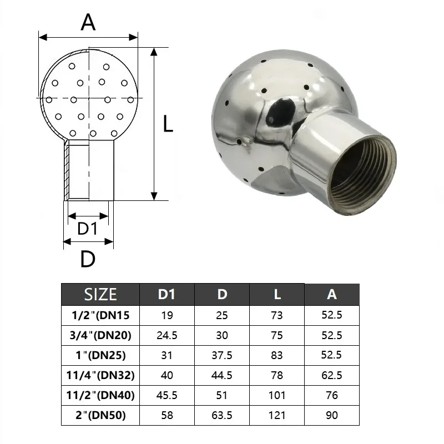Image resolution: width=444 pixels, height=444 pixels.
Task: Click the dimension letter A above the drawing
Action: click(x=88, y=22)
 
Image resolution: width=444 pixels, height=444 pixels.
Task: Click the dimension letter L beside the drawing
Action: click(x=168, y=124)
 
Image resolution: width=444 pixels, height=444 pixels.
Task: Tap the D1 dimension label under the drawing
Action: click(x=88, y=229)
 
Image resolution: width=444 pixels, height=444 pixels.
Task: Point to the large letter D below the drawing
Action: click(x=88, y=259)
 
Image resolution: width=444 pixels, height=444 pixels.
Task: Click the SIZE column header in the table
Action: click(x=100, y=295)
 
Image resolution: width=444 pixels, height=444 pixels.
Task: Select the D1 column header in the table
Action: click(x=167, y=295)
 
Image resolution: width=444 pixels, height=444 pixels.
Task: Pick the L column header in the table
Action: click(x=277, y=295)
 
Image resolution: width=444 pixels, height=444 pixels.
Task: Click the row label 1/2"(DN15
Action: click(x=100, y=315)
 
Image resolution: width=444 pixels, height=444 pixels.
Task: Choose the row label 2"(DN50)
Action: click(x=100, y=415)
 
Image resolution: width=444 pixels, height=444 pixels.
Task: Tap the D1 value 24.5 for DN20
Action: click(x=167, y=336)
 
